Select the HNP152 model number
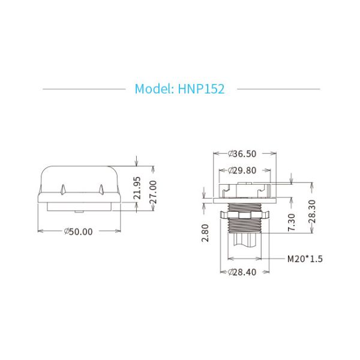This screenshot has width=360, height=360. (202, 89)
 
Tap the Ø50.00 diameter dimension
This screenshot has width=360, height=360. (78, 232)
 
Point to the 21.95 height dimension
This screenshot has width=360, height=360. (137, 188)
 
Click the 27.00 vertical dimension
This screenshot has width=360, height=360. (152, 193)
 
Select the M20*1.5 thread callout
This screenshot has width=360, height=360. (304, 259)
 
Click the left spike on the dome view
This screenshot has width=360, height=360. (62, 190)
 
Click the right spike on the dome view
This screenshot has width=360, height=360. (103, 190)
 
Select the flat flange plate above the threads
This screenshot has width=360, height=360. (244, 200)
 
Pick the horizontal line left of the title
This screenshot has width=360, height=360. (83, 89)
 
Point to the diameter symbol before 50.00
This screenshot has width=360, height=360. (66, 232)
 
